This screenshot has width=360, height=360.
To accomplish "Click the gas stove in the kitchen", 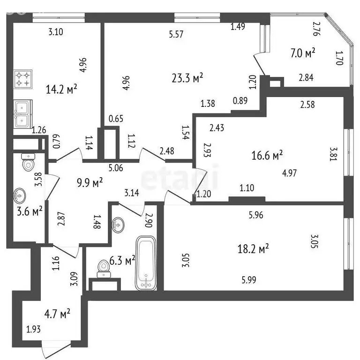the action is point(23,79).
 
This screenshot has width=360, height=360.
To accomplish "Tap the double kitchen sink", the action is point(22,114).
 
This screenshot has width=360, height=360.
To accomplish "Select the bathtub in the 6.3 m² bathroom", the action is point(146,263).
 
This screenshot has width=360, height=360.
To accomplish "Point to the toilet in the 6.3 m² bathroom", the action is point(104,269).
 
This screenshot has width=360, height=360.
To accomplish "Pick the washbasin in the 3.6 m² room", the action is point(20,196).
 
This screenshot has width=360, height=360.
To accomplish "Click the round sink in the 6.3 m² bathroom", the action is point(118,225).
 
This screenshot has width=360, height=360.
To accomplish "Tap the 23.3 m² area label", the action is point(187,78).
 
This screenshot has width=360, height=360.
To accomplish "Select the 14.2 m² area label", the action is point(61,89).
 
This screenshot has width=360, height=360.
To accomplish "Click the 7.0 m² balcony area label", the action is point(303,53).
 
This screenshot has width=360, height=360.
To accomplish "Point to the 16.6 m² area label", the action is point(267,155).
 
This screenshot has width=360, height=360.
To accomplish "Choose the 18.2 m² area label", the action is point(253,248).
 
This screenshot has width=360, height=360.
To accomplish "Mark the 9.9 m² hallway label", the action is point(90,183).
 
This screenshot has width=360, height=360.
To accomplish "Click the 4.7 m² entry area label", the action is point(57,314).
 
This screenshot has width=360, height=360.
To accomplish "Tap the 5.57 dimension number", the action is point(176,34).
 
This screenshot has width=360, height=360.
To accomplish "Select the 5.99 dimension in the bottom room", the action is point(249,280).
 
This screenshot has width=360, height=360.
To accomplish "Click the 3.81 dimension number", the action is point(333,154).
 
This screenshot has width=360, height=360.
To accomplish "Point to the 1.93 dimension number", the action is point(34,330).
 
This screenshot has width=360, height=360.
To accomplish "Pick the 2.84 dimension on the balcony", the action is point(306,78).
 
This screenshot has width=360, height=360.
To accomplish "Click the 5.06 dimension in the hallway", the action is point(116,168).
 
